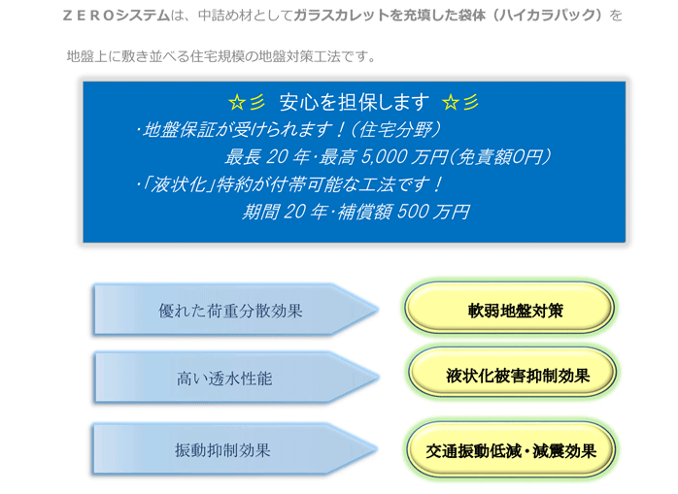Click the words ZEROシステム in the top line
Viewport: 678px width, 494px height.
click(117, 16)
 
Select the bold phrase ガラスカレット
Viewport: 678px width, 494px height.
click(341, 16)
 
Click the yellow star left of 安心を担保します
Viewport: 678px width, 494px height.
click(236, 103)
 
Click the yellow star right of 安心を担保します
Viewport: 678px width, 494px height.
click(451, 103)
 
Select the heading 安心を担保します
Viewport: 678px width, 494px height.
click(355, 103)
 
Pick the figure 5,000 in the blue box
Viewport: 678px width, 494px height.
click(382, 157)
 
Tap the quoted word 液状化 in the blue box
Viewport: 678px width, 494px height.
click(178, 185)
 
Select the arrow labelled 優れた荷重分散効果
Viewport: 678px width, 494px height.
click(236, 310)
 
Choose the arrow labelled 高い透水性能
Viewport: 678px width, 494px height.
click(236, 378)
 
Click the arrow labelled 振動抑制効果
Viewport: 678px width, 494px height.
click(236, 449)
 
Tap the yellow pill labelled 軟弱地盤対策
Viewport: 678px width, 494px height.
click(509, 309)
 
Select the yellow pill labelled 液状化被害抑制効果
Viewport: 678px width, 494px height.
click(512, 374)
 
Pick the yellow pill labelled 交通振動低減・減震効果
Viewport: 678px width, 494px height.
click(511, 449)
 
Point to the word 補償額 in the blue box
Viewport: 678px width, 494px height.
click(364, 213)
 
